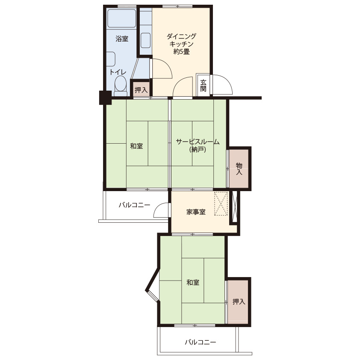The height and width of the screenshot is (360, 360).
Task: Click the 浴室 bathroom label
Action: [x=122, y=39]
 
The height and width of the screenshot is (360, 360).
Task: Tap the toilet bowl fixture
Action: [x=121, y=86]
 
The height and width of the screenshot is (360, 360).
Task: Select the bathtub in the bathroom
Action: [x=122, y=18]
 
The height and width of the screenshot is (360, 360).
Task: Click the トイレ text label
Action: [x=118, y=72]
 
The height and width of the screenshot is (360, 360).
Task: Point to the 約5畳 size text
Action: [x=181, y=52]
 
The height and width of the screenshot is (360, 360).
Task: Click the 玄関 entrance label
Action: [x=203, y=86]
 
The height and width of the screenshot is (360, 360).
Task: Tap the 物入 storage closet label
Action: [x=239, y=169]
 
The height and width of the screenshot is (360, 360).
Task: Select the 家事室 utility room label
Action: [x=196, y=212]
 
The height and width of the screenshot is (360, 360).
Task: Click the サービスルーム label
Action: [x=198, y=142]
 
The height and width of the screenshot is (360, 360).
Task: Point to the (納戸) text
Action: [x=198, y=150]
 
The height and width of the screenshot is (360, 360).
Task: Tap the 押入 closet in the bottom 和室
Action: [x=239, y=301]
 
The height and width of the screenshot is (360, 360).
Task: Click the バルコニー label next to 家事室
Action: [x=135, y=205]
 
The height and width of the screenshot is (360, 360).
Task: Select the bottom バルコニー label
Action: [x=201, y=342]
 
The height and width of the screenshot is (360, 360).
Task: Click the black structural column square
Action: [x=105, y=98]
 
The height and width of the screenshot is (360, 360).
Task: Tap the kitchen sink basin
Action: [x=145, y=41]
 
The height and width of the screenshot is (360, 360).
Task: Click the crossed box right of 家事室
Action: [x=234, y=207]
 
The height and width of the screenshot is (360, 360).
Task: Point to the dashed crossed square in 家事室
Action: [x=221, y=204]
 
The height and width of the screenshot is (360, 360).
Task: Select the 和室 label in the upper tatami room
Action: [x=136, y=146]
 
